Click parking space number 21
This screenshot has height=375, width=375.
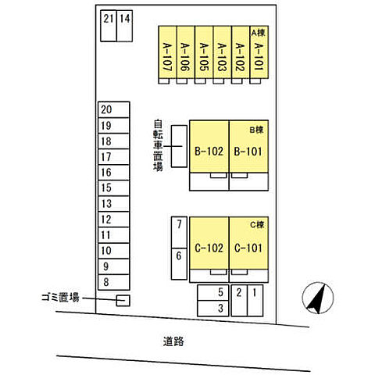coord(109,26)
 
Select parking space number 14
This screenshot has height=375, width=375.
coord(124,26)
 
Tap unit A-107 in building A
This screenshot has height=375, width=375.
coord(167,52)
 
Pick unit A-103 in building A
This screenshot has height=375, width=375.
coord(222,52)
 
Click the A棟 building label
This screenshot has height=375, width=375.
coord(259,33)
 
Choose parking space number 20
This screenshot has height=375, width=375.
coord(114,109)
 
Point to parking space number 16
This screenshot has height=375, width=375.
coord(114,173)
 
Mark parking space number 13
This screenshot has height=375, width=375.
coord(114,204)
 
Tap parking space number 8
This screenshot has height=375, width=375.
coord(114,282)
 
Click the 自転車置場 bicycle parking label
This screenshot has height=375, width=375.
coord(158,145)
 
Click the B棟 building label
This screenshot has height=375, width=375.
coord(257,130)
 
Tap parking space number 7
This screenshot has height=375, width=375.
coord(179,232)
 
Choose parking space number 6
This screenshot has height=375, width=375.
coord(179,264)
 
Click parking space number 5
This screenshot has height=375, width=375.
coord(213,293)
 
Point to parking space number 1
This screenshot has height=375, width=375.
coord(255,301)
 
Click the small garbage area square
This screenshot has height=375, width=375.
coord(123,301)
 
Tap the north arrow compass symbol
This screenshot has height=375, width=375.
coord(318,298)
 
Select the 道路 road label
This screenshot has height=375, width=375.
coord(173,341)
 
